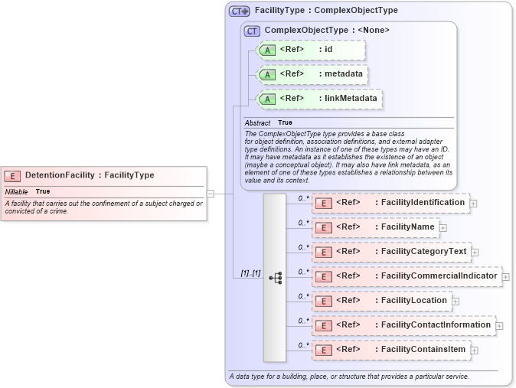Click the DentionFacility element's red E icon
(x=14, y=175)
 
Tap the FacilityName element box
(x=375, y=227)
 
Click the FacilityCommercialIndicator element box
(x=406, y=276)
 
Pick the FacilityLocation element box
(x=381, y=301)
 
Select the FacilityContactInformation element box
(x=403, y=325)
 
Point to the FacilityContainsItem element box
(x=390, y=350)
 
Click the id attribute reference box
(x=311, y=51)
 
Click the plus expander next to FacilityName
(x=443, y=228)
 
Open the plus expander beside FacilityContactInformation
(x=500, y=326)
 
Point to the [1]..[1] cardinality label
(x=250, y=272)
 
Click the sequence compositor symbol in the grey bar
(x=275, y=278)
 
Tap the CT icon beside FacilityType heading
(x=240, y=11)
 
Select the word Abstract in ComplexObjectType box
(x=257, y=123)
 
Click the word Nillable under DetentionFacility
(x=17, y=191)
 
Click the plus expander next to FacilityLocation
(x=456, y=302)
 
